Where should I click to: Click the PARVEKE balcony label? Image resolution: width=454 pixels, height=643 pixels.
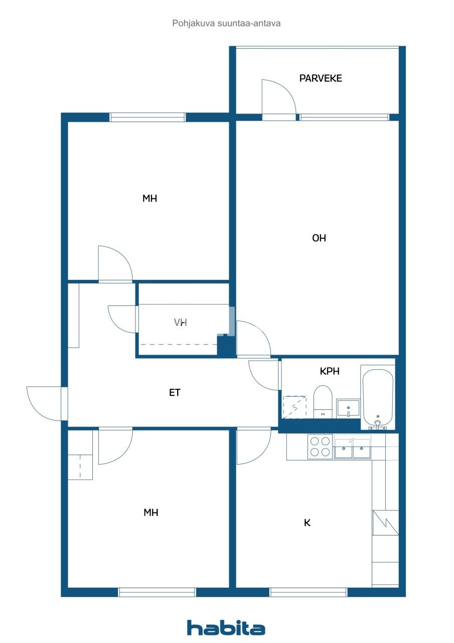tap(321, 78)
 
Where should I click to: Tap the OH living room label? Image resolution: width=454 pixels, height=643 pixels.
tap(319, 238)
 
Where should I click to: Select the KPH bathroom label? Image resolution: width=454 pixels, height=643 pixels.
tap(330, 371)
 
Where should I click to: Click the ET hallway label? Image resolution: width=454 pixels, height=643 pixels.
tap(174, 393)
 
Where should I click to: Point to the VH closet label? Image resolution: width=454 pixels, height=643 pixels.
tap(181, 323)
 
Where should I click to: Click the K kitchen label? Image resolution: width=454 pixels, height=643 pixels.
tap(308, 523)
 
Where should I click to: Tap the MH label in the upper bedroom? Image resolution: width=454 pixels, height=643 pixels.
tap(149, 198)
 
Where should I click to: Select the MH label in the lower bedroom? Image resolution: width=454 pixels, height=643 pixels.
tap(150, 513)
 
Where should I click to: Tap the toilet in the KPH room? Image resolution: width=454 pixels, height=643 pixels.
tap(323, 401)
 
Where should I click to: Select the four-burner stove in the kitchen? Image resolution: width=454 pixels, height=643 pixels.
tap(320, 447)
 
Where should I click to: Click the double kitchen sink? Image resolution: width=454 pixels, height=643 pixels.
tap(352, 448)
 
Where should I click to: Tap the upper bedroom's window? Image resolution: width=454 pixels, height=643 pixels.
tap(147, 117)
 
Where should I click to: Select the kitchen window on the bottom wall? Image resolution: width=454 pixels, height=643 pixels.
tap(308, 592)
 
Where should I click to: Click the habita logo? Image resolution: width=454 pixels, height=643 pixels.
tap(226, 628)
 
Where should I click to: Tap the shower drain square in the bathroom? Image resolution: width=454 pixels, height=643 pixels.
tap(294, 407)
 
